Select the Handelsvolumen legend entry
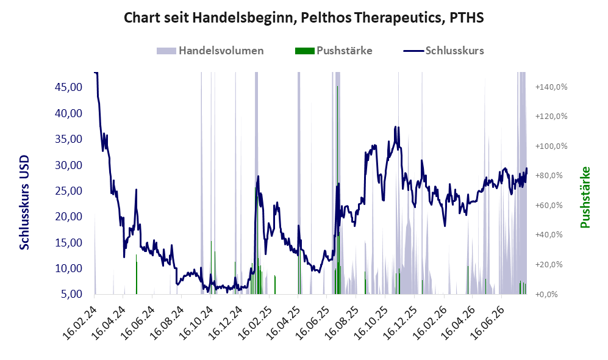tap(210, 51)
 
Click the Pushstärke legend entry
tap(334, 51)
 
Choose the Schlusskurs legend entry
tap(443, 51)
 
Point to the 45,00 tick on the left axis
tap(69, 87)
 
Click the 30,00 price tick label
tap(69, 165)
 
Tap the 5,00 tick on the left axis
tap(72, 294)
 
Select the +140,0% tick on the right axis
tap(551, 87)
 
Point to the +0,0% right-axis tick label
tap(547, 295)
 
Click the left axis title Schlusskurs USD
tap(24, 203)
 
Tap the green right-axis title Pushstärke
tap(585, 197)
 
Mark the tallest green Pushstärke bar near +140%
tap(337, 190)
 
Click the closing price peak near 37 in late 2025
tap(396, 127)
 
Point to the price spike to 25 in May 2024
tap(136, 190)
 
